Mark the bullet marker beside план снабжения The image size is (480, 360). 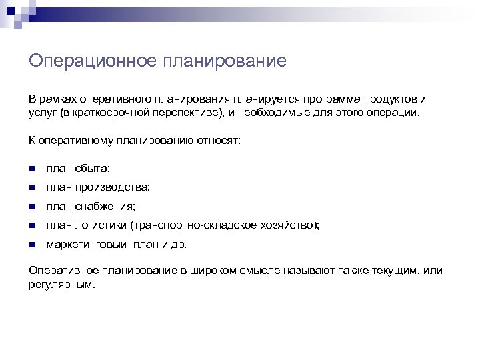[x=32, y=207]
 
